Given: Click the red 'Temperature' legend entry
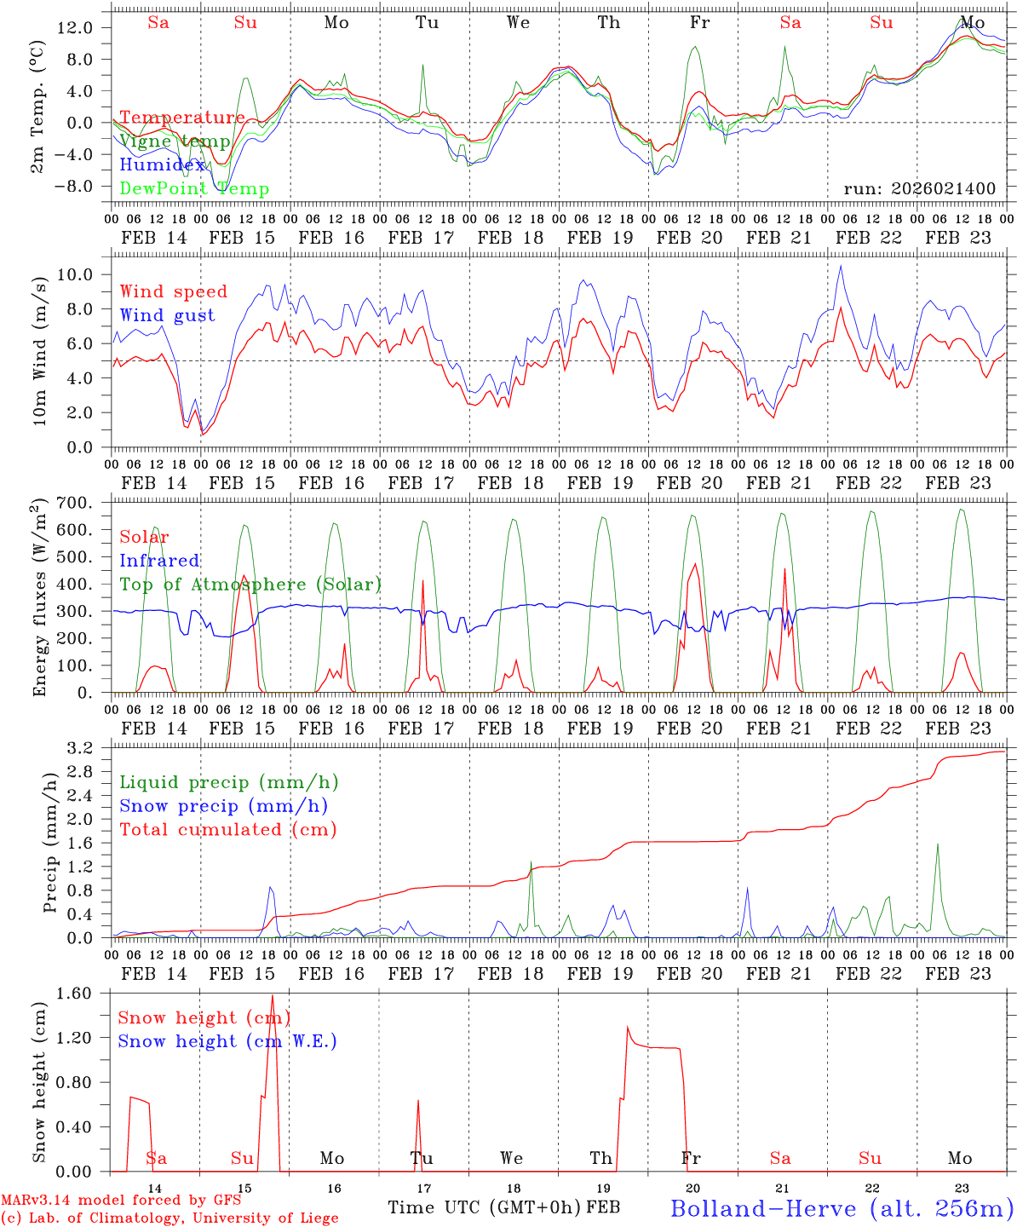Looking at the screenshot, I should (182, 118).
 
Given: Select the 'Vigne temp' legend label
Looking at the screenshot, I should (175, 141).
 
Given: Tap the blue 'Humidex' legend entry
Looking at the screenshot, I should (163, 164).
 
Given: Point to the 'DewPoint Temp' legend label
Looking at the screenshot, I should (194, 188).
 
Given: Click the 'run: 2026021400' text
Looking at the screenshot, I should (919, 188).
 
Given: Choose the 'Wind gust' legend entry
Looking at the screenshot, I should (167, 315).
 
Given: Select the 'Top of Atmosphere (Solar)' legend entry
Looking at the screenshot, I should (250, 585).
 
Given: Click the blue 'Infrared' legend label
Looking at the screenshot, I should (159, 561).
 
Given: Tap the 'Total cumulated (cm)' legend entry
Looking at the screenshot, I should (228, 829).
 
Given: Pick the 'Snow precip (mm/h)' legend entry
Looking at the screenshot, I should (223, 806).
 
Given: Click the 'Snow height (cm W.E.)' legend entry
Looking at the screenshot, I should (227, 1041).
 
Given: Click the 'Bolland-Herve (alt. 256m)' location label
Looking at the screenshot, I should (842, 1207).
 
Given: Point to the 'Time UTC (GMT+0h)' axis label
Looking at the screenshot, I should (485, 1207).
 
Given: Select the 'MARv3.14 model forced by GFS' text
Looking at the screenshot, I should (121, 1200).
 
